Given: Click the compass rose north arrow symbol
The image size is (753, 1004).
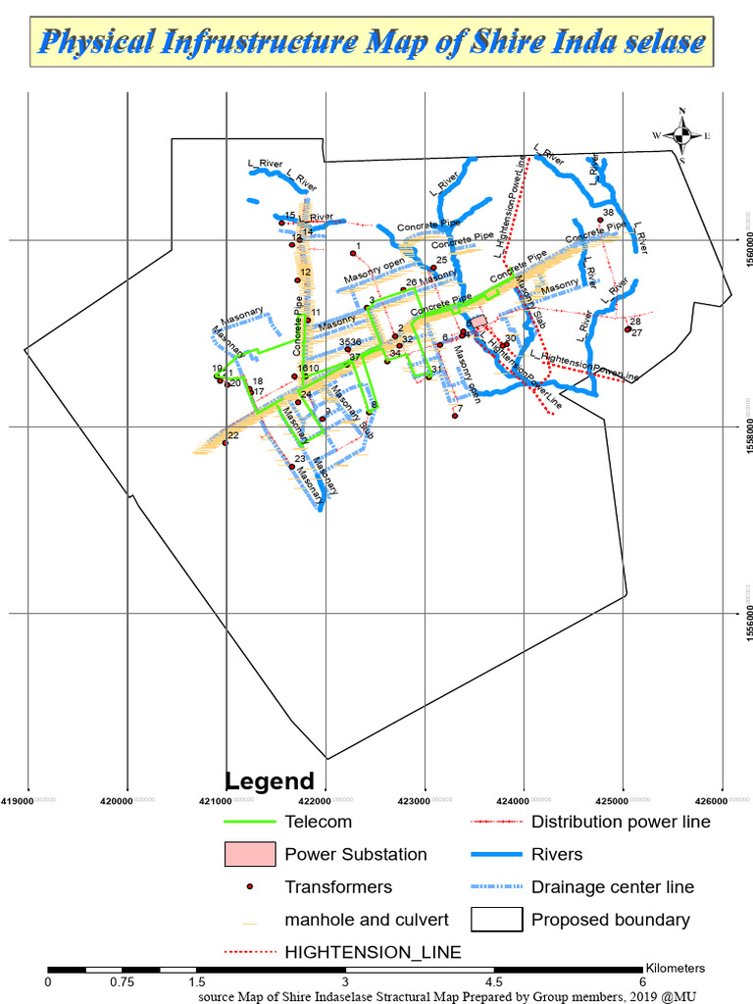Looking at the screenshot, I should (x=681, y=134).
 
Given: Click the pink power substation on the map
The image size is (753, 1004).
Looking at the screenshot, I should (x=479, y=322).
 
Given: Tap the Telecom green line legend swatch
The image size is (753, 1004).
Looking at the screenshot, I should (x=249, y=822).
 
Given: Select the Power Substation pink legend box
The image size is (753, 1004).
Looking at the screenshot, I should (x=249, y=854).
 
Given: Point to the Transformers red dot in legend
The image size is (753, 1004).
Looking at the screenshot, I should (x=250, y=887).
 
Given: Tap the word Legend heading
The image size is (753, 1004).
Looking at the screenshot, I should (x=270, y=781).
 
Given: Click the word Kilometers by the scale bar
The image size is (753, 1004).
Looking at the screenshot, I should (x=676, y=968).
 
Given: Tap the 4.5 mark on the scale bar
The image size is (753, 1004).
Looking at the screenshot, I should (x=494, y=981).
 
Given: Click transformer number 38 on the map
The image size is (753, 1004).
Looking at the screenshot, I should (x=608, y=213).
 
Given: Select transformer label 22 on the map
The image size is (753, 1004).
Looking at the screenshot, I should (x=232, y=435).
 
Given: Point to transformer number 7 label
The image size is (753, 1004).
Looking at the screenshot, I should (x=460, y=408).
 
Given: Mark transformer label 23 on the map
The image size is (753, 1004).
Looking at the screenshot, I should (x=300, y=459).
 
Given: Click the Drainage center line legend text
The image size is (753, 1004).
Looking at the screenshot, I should (x=612, y=887).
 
